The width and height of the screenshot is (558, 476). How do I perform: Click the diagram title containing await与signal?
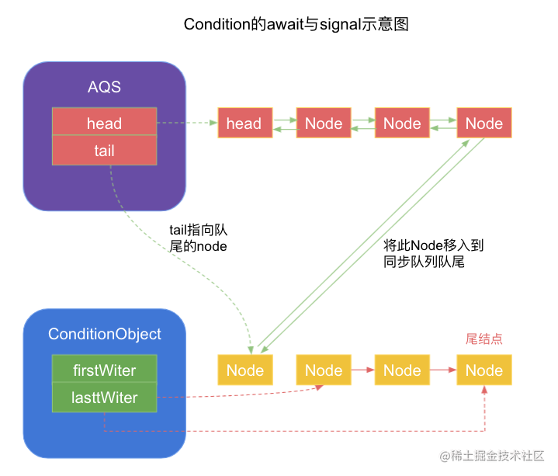[296, 24]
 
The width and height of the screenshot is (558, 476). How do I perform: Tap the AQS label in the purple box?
[104, 86]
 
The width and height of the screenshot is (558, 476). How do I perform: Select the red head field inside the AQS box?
[104, 123]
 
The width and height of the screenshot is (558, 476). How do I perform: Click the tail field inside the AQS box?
[104, 151]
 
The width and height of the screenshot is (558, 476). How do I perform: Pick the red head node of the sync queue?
[244, 123]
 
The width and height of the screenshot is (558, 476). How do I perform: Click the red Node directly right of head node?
[324, 123]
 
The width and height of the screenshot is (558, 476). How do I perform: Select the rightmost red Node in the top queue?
[484, 123]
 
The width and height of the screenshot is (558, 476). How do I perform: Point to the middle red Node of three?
[402, 123]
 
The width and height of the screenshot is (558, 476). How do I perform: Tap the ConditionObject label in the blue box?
[105, 334]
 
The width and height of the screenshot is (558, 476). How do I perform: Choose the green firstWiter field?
[104, 370]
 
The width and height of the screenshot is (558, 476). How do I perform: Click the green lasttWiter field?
[104, 398]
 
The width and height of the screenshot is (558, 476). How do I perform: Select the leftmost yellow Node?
[245, 370]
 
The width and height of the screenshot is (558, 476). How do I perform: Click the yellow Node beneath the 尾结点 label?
[484, 370]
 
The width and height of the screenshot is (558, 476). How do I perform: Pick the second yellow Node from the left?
[324, 370]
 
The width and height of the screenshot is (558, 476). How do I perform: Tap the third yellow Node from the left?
[402, 370]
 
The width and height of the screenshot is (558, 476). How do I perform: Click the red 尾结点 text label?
[483, 339]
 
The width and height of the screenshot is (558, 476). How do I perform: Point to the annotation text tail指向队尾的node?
[198, 238]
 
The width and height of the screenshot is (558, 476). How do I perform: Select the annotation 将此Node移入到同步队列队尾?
[433, 254]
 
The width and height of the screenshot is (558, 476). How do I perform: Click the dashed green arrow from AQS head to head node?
[186, 123]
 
